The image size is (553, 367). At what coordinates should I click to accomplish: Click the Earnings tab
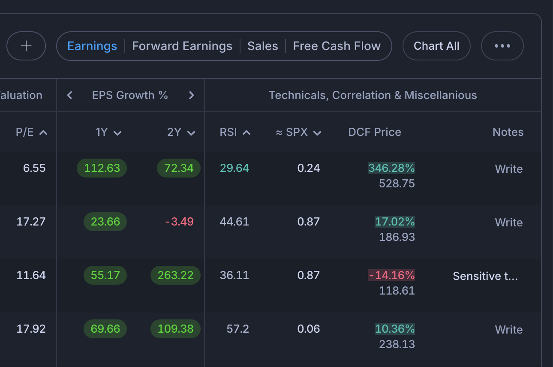(92, 46)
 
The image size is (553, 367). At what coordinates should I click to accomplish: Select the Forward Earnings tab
(182, 46)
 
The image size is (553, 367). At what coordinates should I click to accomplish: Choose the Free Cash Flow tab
(337, 46)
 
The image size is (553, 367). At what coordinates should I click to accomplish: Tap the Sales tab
(263, 46)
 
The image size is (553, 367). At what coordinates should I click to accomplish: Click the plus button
(26, 46)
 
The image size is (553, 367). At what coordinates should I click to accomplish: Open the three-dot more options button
(502, 46)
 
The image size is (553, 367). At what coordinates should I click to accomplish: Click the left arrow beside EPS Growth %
(69, 95)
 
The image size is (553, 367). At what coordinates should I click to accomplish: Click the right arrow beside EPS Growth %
(192, 95)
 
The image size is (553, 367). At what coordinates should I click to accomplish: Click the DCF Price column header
(375, 132)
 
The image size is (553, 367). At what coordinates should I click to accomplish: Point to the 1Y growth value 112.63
(102, 168)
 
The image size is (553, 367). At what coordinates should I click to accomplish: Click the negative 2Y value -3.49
(180, 222)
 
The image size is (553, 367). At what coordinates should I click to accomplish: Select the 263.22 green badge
(176, 275)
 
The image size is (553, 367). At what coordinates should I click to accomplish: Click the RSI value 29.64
(234, 168)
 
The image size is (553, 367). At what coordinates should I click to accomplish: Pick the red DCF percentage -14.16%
(391, 275)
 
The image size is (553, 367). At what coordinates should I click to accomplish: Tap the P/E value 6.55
(34, 168)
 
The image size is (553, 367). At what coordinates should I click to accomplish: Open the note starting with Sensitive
(485, 276)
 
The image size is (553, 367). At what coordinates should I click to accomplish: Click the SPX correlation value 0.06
(309, 329)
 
